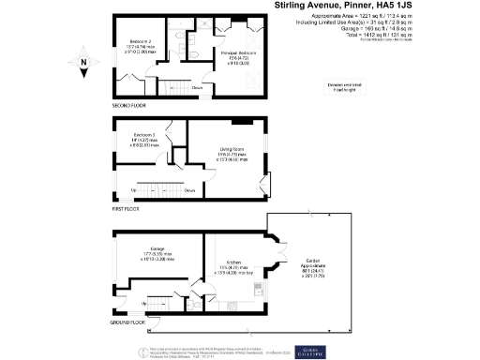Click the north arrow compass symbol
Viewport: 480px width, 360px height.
click(x=84, y=65)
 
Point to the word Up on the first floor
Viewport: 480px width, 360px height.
click(x=133, y=191)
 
